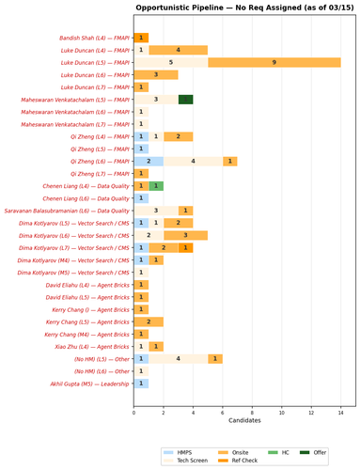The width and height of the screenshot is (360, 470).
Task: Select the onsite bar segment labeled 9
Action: tap(274, 62)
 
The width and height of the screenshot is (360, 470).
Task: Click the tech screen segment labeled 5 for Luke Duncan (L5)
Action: tap(171, 62)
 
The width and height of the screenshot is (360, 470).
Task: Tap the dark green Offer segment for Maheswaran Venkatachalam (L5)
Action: tap(186, 99)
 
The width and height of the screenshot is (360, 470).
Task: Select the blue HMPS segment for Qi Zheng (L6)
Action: tap(149, 161)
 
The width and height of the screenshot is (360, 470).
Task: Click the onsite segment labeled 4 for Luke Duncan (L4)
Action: tap(179, 50)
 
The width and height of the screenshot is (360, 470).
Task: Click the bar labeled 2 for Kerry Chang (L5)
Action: tap(149, 321)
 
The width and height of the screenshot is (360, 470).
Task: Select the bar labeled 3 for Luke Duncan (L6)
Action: tap(156, 74)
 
